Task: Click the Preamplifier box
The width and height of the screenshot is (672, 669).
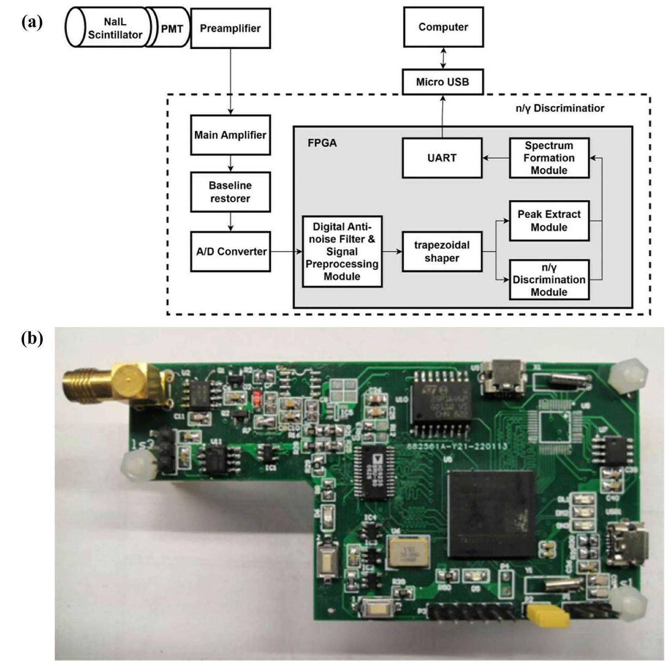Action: (230, 29)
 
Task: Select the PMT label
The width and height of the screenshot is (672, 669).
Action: (172, 29)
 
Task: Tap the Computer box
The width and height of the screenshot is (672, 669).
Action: (443, 27)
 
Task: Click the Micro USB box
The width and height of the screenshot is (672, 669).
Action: (442, 82)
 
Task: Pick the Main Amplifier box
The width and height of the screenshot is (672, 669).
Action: (230, 135)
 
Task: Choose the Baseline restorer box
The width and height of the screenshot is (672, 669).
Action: (230, 192)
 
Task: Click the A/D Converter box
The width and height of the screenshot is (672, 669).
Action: (230, 252)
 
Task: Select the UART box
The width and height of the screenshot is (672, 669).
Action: (442, 158)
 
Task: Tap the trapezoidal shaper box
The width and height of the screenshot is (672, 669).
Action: (442, 252)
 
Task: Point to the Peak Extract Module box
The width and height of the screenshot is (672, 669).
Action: (549, 221)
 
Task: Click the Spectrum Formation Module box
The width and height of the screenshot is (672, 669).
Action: (549, 158)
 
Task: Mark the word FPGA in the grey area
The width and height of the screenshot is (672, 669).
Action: (322, 143)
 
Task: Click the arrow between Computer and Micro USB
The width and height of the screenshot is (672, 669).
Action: (443, 58)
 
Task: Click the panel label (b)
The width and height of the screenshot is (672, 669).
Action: (32, 338)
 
